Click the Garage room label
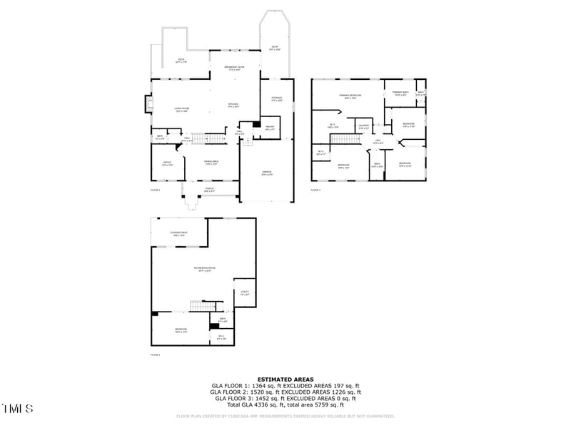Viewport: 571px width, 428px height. point(266,173)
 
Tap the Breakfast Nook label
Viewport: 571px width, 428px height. point(235,68)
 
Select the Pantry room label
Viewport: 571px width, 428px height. point(270,128)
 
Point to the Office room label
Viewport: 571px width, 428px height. point(167,163)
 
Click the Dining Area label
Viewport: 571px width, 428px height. point(211,163)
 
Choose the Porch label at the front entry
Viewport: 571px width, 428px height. point(209,190)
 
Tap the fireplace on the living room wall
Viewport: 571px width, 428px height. point(149,105)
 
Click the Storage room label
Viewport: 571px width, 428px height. point(276,99)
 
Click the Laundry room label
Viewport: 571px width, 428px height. point(364,127)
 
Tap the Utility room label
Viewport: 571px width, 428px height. point(244,292)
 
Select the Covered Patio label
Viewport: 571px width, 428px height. point(178,233)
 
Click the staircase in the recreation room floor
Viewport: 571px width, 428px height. point(198,306)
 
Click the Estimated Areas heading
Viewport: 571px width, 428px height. point(285,379)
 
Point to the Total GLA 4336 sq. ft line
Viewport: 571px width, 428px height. point(285,404)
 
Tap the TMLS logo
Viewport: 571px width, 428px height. point(18,409)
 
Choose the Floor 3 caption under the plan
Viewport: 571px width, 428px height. point(316,190)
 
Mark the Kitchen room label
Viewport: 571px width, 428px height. point(233,105)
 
